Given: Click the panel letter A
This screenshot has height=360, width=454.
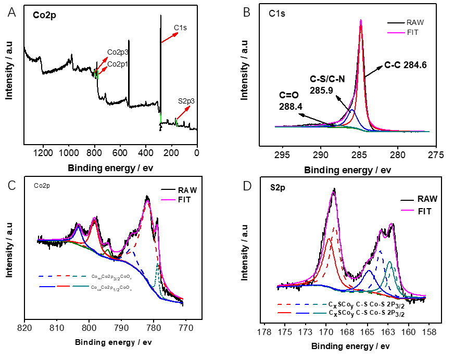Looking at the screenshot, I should (x=11, y=12).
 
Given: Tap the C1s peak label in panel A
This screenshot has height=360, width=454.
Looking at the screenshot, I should (x=180, y=27).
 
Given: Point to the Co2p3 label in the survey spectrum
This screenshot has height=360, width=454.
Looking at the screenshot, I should (x=118, y=52).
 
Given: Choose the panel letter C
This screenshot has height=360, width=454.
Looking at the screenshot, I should (x=11, y=185).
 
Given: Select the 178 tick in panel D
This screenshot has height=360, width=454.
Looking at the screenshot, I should (x=264, y=332).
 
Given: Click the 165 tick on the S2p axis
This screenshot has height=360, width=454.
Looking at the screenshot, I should (x=367, y=332).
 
